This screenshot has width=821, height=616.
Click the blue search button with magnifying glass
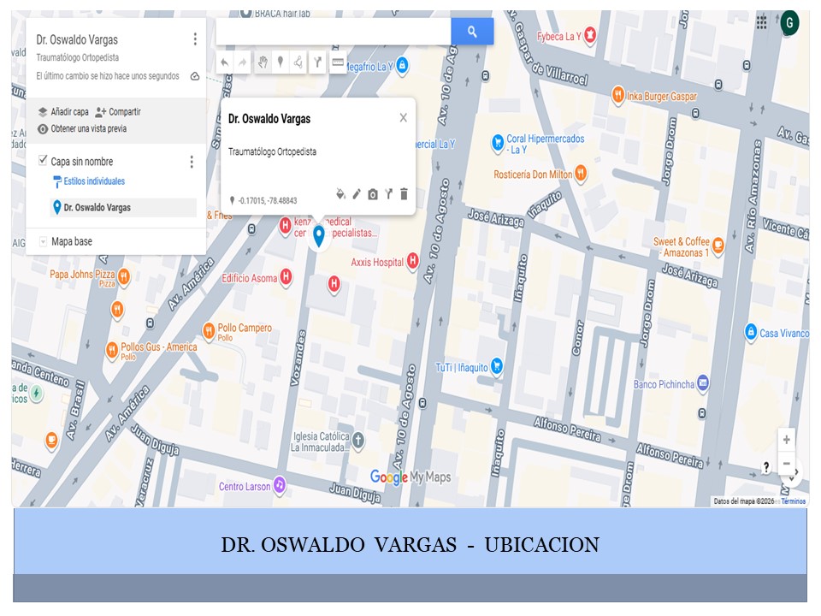(x=472, y=32)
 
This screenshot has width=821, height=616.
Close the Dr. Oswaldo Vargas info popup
(x=404, y=118)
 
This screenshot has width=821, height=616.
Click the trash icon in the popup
(x=405, y=194)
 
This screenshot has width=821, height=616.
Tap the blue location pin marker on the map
(x=319, y=235)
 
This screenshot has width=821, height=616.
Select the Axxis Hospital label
(x=376, y=263)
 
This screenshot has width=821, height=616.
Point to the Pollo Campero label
(x=245, y=329)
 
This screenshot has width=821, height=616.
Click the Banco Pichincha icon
(x=703, y=383)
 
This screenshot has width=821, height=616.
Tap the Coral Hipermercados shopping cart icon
(x=497, y=141)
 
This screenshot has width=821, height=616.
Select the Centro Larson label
(x=244, y=487)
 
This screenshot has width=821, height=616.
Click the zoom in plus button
(x=786, y=440)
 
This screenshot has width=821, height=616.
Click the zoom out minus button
(x=786, y=464)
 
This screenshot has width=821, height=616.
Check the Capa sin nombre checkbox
(x=43, y=161)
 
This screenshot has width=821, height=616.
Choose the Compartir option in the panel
(x=124, y=112)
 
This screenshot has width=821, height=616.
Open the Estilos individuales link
(x=93, y=181)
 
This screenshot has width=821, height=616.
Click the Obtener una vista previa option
(x=88, y=129)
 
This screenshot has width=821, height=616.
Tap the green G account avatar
(x=789, y=22)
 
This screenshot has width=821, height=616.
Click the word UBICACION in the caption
(x=542, y=545)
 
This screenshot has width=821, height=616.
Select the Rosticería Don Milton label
(x=533, y=175)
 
